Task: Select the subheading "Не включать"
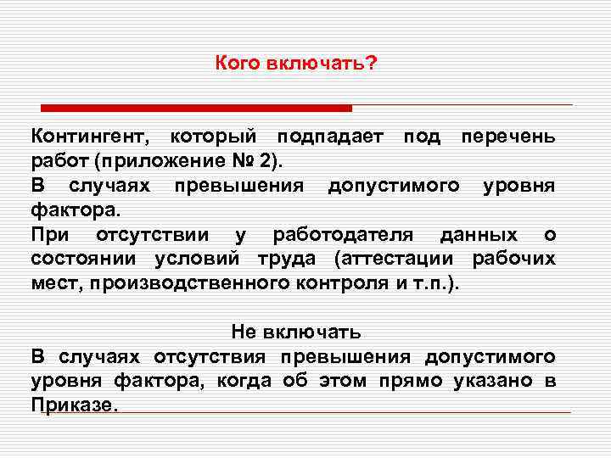pyautogui.click(x=296, y=331)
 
